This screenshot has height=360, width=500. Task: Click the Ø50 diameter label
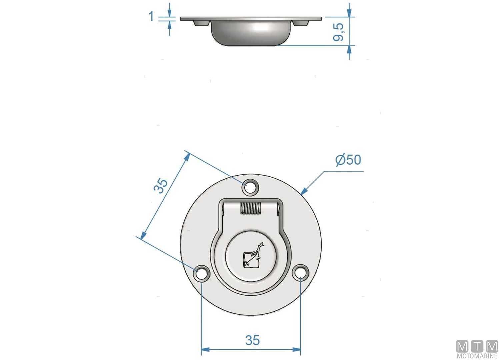click(348, 160)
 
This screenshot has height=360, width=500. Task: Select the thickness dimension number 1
click(151, 16)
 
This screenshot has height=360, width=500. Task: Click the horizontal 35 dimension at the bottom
click(252, 340)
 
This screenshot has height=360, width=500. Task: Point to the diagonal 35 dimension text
click(161, 186)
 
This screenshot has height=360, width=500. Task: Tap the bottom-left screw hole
click(201, 273)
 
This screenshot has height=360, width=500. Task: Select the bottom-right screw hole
click(300, 273)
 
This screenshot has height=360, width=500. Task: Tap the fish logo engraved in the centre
click(252, 256)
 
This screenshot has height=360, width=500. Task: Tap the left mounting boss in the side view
click(201, 23)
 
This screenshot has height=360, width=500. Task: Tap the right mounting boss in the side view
click(301, 23)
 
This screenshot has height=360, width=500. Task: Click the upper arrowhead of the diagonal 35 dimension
click(187, 157)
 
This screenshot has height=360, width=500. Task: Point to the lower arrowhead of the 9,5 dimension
click(349, 49)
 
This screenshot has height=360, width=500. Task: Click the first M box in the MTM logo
click(462, 347)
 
